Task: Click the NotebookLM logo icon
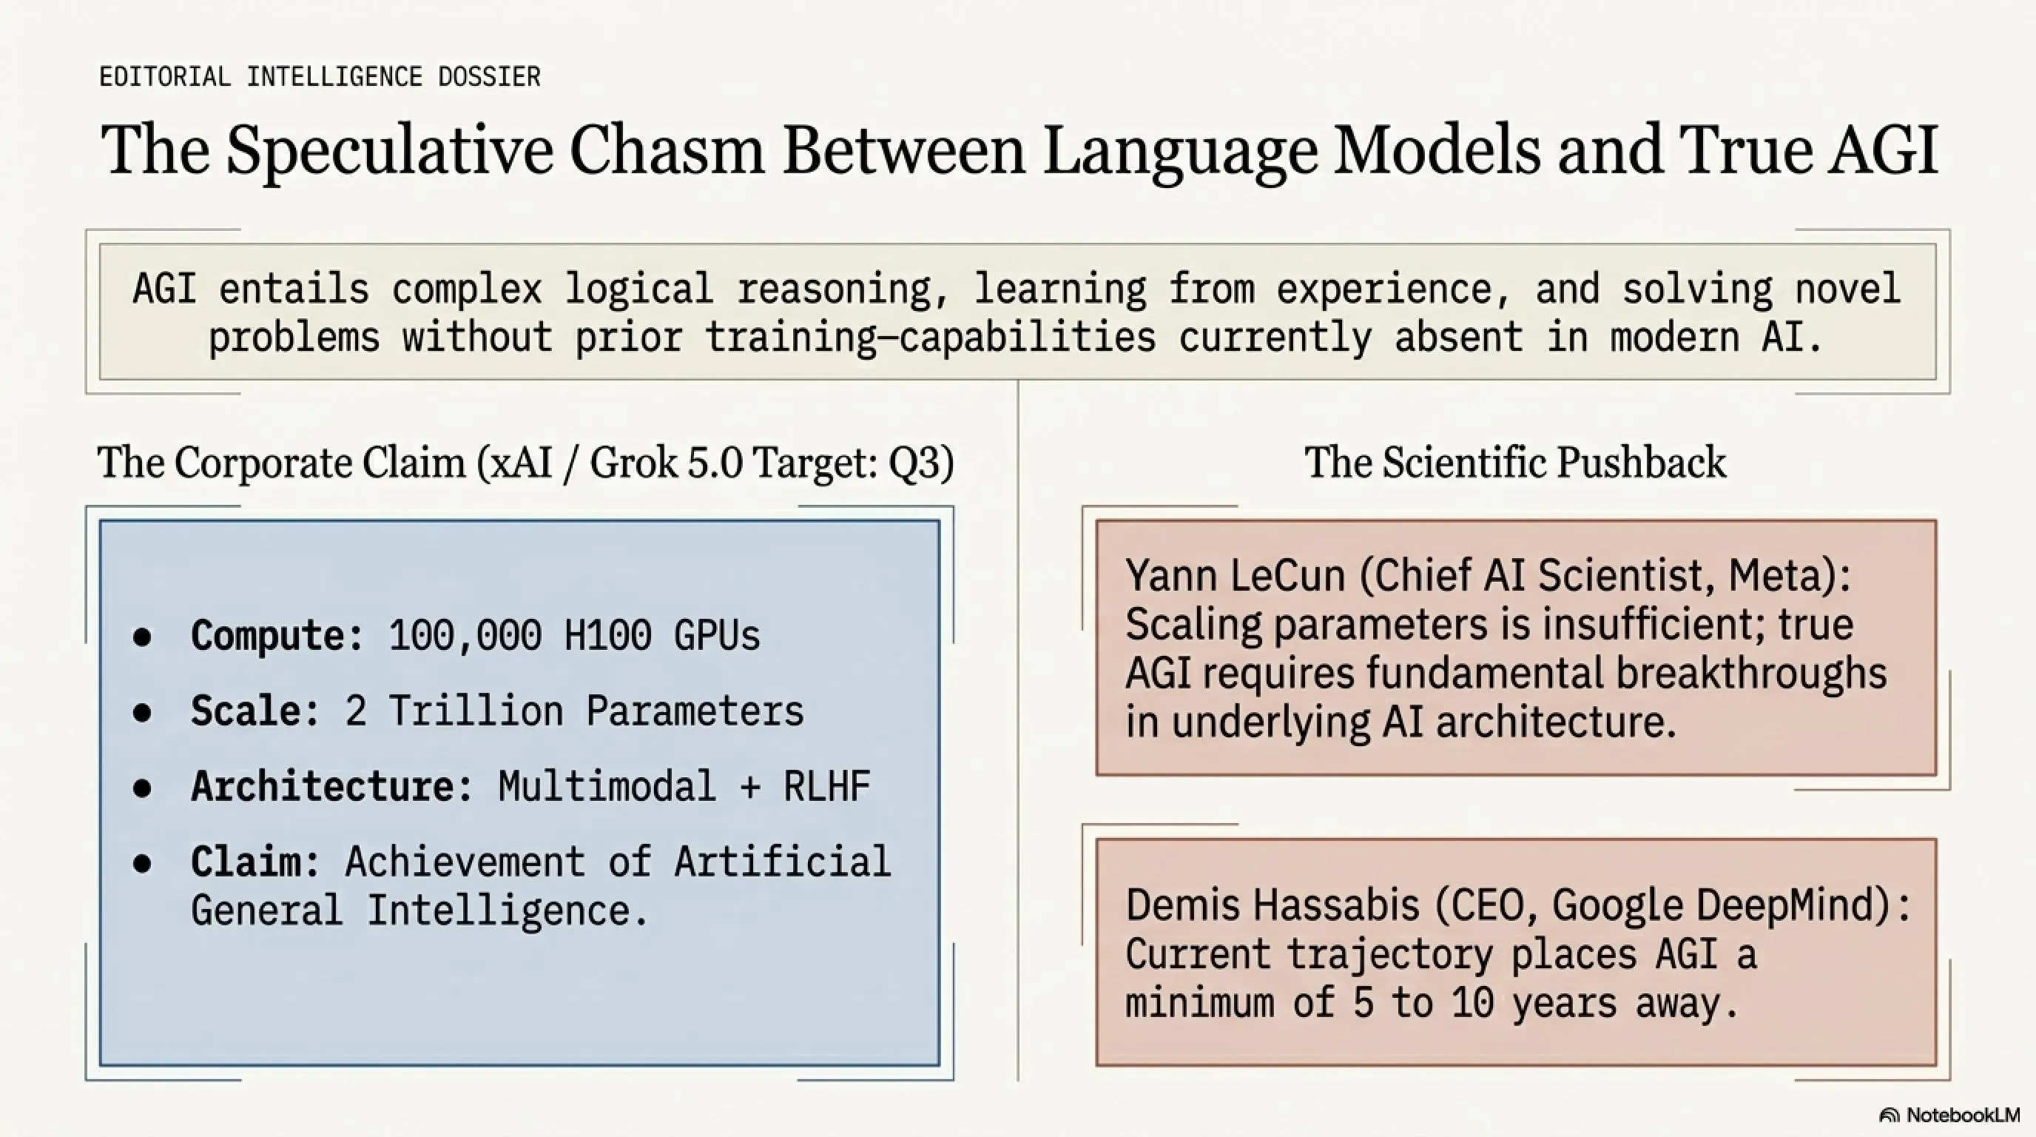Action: (x=1890, y=1115)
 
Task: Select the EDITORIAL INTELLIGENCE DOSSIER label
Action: (x=320, y=77)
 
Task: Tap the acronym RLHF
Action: (x=826, y=786)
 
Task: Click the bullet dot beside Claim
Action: (x=142, y=862)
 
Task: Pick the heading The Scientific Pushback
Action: (x=1515, y=462)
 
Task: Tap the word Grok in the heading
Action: (x=634, y=463)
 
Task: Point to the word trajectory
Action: (x=1390, y=955)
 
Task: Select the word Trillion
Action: (x=476, y=710)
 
